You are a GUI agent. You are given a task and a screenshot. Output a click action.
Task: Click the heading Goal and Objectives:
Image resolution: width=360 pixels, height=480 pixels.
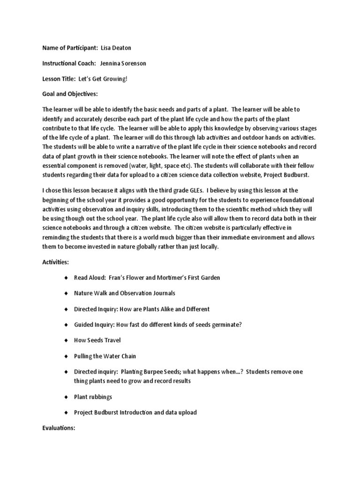[70, 94]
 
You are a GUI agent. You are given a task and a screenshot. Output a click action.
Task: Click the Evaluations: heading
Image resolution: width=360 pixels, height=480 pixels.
[59, 428]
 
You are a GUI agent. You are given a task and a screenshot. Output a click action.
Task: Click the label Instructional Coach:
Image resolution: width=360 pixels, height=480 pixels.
[69, 63]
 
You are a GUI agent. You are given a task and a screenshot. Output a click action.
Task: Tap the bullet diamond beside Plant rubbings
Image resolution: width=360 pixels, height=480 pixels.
[66, 397]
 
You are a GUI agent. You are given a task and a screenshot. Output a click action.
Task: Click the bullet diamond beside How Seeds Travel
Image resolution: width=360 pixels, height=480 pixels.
[66, 340]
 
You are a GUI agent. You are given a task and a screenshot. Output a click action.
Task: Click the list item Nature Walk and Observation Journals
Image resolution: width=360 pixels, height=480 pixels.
[125, 293]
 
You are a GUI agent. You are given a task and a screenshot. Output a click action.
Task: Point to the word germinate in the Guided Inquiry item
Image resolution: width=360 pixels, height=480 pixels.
[226, 324]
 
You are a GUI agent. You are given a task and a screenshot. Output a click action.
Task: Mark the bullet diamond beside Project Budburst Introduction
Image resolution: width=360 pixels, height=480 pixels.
[66, 412]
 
